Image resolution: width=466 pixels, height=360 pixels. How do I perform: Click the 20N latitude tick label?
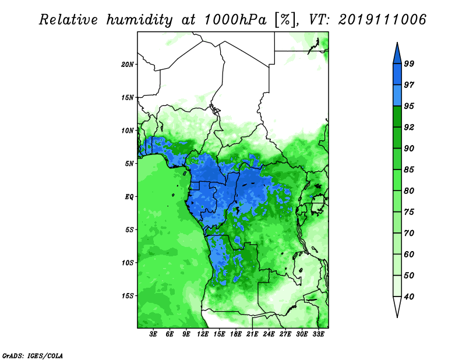tap(127, 65)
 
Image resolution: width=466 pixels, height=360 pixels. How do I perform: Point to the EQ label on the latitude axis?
tap(129, 197)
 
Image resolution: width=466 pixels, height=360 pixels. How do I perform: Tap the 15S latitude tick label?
tap(128, 296)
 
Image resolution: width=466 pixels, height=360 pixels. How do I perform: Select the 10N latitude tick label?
tap(127, 130)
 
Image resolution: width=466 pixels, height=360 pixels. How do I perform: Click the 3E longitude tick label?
tap(153, 334)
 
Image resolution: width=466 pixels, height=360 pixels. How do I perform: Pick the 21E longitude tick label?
tap(252, 334)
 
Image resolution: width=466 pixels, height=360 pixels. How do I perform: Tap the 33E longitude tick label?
tap(318, 334)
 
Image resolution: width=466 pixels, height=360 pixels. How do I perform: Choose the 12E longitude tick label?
tap(203, 334)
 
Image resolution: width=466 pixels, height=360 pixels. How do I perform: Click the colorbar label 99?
tap(409, 63)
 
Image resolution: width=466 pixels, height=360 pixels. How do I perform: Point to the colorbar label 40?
tap(409, 297)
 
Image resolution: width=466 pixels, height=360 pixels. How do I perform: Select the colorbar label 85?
tap(409, 170)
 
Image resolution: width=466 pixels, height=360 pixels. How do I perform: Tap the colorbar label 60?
tap(409, 255)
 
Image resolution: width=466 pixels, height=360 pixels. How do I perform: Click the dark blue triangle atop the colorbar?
tap(397, 55)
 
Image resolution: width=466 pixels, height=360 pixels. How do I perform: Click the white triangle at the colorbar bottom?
tap(397, 305)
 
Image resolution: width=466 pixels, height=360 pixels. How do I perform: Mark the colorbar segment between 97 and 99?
tap(397, 75)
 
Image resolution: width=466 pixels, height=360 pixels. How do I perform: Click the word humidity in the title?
tap(139, 20)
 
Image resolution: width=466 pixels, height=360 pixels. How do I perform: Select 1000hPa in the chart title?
tap(235, 20)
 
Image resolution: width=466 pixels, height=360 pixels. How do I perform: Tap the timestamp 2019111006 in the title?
tap(382, 20)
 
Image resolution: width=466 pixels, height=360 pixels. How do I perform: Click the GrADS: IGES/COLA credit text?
tap(33, 356)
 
